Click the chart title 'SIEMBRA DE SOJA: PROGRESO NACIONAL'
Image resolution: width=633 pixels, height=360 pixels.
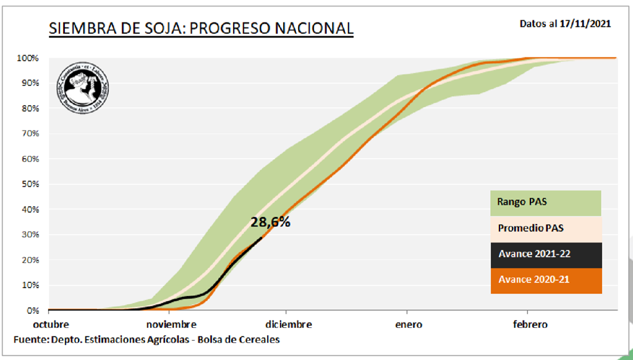click(x=201, y=28)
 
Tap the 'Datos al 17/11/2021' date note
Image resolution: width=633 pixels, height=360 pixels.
click(x=565, y=24)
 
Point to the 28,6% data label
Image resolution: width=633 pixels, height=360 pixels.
click(x=270, y=222)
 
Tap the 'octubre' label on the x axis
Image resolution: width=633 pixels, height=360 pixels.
click(x=51, y=324)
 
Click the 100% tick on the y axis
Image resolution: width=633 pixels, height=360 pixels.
click(x=28, y=58)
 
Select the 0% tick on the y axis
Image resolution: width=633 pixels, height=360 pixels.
click(x=32, y=311)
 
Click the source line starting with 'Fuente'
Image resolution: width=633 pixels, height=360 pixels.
click(x=147, y=340)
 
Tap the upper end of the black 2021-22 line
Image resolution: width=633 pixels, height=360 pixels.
click(x=262, y=237)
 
